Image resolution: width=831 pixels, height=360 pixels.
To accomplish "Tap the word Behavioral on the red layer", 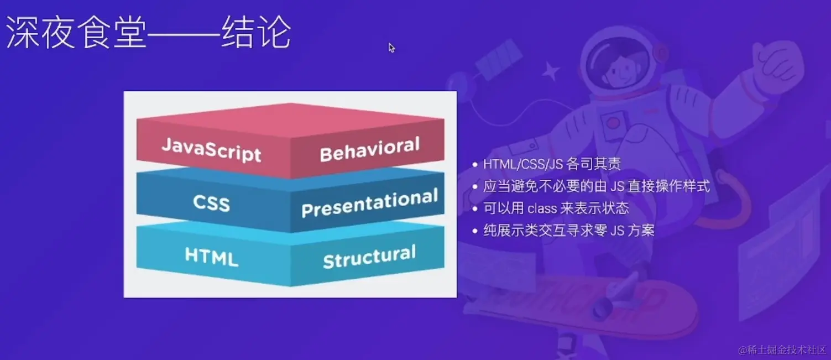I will point(369,149).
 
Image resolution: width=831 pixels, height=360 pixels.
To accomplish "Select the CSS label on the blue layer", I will point(211,203).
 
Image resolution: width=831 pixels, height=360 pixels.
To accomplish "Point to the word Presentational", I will point(369,203).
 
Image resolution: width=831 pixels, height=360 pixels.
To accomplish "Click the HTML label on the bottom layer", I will point(211,257).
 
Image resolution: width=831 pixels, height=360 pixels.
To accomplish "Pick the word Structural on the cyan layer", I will point(369,257).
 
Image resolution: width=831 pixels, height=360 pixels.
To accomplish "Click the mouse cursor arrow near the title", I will point(391,48).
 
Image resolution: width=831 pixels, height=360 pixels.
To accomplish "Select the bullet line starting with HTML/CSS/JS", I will point(551,164).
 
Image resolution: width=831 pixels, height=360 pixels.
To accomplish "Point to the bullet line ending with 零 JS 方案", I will point(568,231).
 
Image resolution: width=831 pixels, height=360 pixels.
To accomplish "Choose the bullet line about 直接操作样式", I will point(596,186).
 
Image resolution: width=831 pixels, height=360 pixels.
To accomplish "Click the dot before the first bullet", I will point(475,164).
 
